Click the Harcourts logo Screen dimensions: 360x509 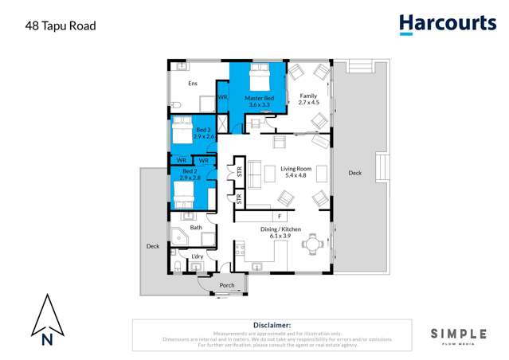coord(447,24)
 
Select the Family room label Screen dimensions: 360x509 coord(307,98)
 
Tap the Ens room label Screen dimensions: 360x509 coord(192,84)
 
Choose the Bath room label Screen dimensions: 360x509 coord(195,228)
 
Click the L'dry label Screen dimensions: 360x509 coord(197,256)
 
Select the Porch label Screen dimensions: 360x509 coord(227,285)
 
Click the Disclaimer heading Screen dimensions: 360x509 coord(272,325)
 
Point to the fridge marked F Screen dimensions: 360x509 coord(279,216)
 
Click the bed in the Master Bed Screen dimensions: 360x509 coord(257,77)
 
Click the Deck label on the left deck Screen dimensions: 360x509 coord(153,246)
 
